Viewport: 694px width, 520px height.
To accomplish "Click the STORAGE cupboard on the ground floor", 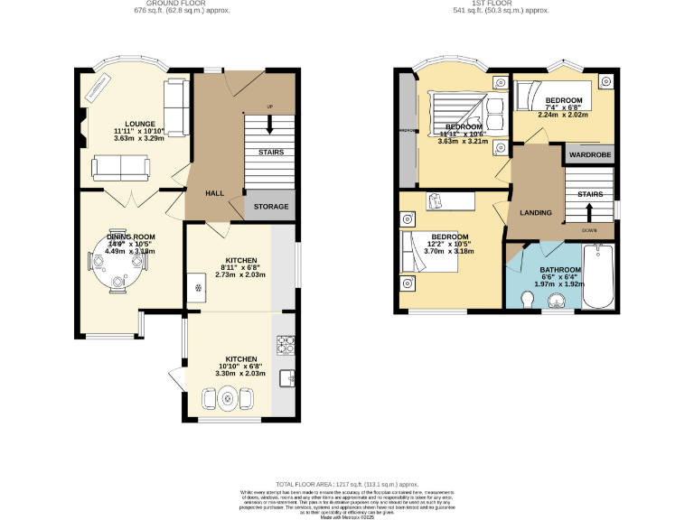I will [x=270, y=207].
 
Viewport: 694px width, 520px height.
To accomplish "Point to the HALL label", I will [x=214, y=192].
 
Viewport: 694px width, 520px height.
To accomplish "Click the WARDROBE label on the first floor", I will [x=589, y=154].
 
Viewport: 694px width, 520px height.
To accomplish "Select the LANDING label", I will [x=536, y=212].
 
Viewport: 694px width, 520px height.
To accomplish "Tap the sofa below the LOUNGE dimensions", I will [x=120, y=167].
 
